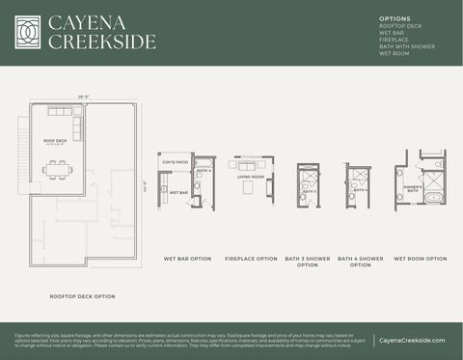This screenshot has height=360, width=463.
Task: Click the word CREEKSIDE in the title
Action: pyautogui.click(x=101, y=42)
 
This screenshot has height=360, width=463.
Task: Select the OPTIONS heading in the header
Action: pyautogui.click(x=394, y=18)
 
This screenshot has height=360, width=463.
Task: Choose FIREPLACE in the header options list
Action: pyautogui.click(x=395, y=40)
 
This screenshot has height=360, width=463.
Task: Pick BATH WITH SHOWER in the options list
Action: pyautogui.click(x=406, y=46)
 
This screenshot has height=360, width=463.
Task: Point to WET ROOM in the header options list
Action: pyautogui.click(x=395, y=53)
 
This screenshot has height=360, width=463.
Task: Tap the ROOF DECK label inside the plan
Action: pyautogui.click(x=55, y=141)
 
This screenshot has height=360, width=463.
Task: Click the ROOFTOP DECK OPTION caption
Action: pyautogui.click(x=82, y=296)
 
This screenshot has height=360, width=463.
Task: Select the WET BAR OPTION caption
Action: pyautogui.click(x=187, y=259)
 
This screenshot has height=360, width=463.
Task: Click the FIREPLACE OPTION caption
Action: pyautogui.click(x=251, y=259)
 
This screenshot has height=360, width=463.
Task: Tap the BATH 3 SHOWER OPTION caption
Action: pyautogui.click(x=308, y=262)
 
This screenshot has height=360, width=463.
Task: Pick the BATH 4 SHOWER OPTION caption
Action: pyautogui.click(x=360, y=262)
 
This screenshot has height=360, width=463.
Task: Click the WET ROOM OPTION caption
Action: pyautogui.click(x=422, y=259)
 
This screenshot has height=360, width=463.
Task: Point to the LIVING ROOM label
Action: pyautogui.click(x=250, y=177)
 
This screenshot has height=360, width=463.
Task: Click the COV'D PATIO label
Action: pyautogui.click(x=175, y=162)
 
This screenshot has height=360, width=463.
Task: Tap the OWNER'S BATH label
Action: pyautogui.click(x=412, y=189)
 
